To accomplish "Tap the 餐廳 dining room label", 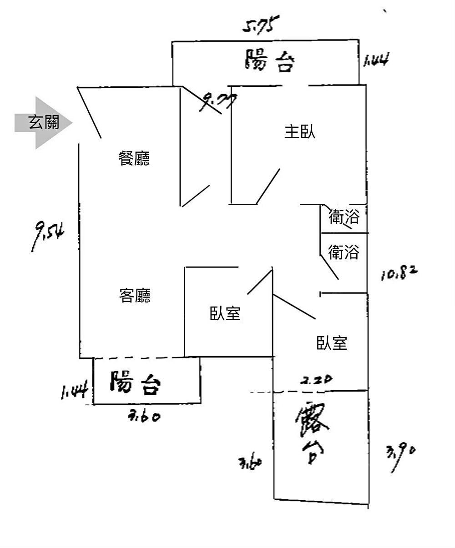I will [134, 158].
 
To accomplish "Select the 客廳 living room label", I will [135, 296].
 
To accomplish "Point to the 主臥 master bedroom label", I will [300, 132].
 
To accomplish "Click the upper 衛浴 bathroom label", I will [344, 217].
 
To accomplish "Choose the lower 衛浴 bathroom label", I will [344, 251].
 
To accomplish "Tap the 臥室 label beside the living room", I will [225, 313].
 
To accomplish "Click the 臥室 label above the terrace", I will [332, 342].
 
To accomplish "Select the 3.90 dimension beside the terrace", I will [400, 457].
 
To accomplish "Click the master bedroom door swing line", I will [268, 186].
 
